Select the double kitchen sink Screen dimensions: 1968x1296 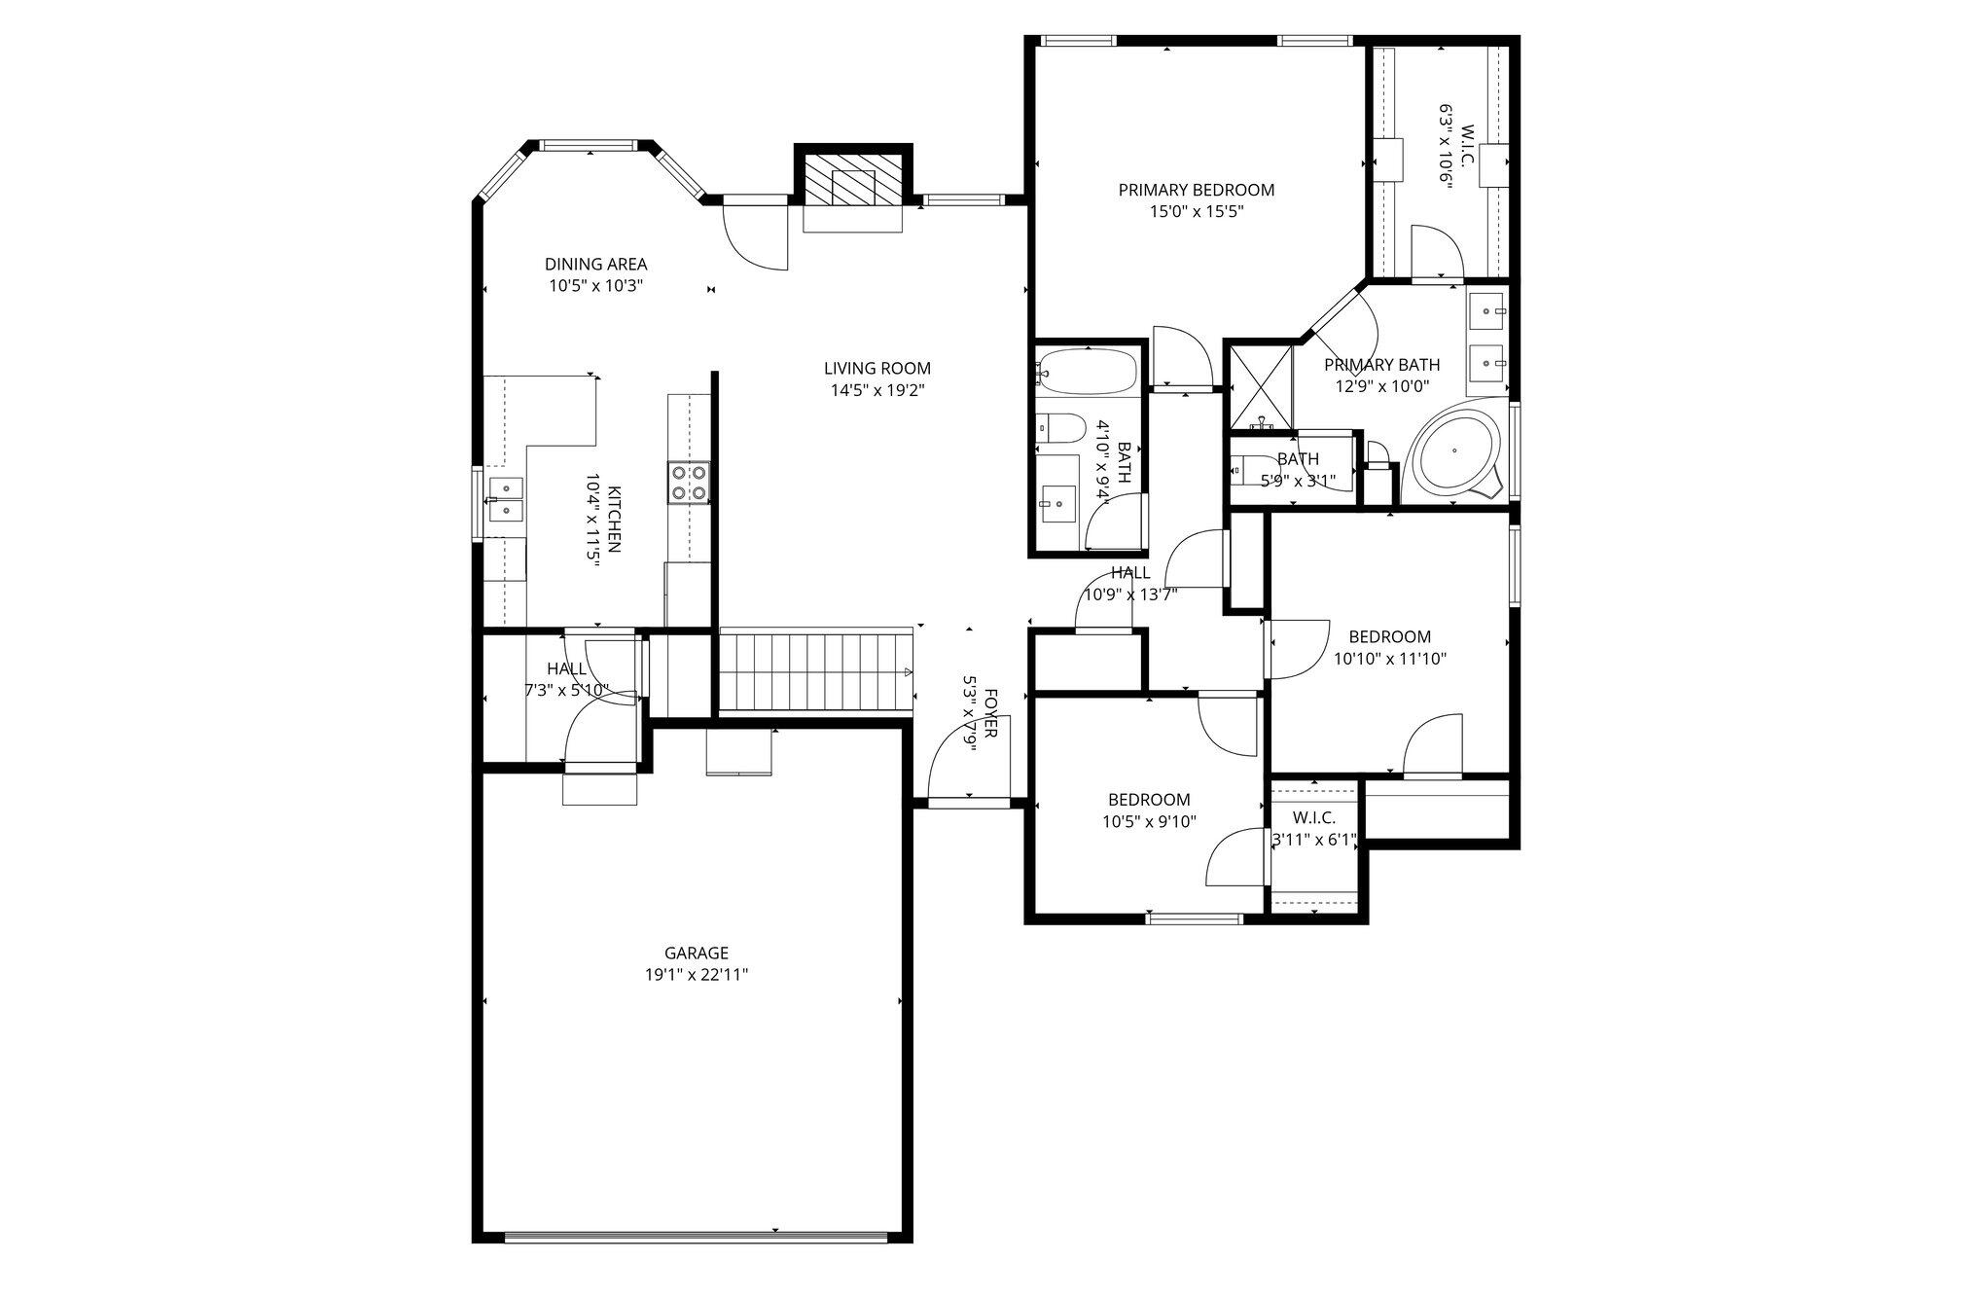click(x=506, y=499)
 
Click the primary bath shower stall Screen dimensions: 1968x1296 click(x=1262, y=386)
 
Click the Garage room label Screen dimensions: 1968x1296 click(x=697, y=954)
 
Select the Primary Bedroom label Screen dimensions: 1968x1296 click(x=1196, y=190)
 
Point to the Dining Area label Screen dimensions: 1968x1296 click(x=595, y=264)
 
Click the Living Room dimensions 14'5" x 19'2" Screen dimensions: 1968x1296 click(x=877, y=390)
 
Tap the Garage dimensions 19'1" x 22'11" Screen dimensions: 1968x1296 click(x=697, y=975)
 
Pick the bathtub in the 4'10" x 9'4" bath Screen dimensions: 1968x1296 click(x=1088, y=371)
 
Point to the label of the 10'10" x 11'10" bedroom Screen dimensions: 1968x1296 click(x=1389, y=637)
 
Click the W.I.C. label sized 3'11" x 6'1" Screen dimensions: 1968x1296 click(x=1313, y=818)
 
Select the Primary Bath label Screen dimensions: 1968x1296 click(x=1381, y=365)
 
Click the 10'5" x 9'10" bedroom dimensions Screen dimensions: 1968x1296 click(x=1149, y=821)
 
